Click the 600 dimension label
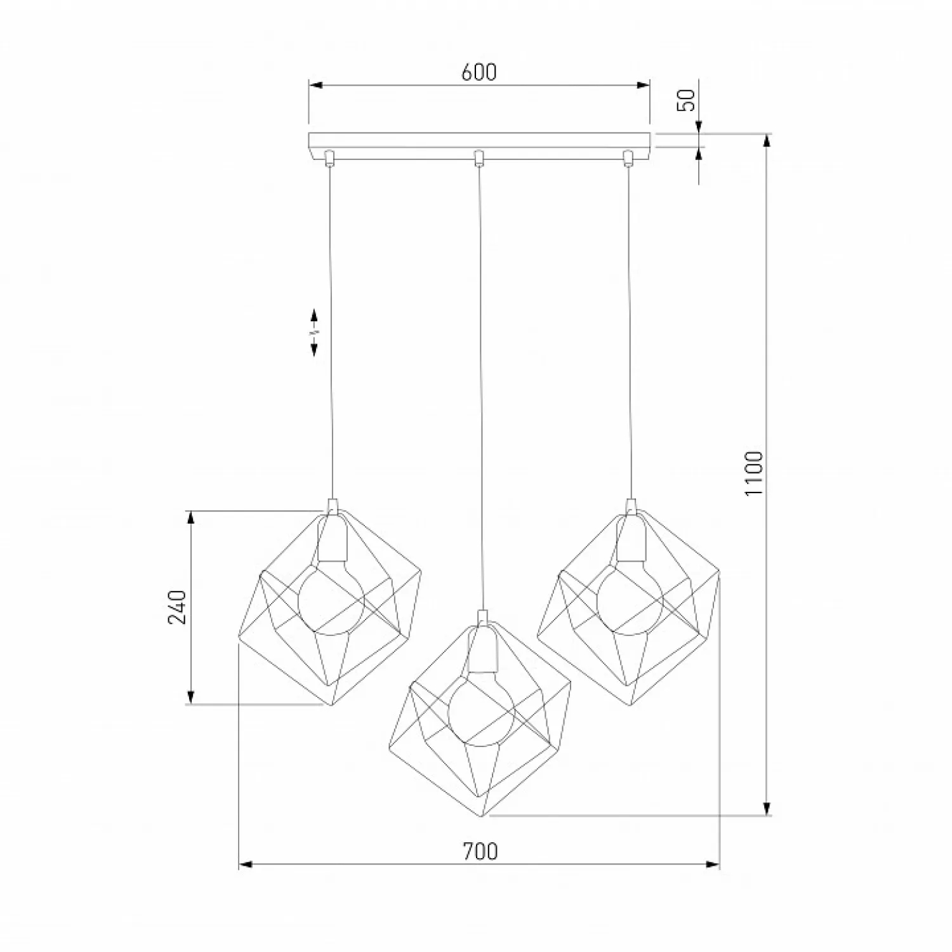(479, 72)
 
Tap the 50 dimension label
(687, 100)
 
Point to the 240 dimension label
(178, 607)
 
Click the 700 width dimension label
(480, 851)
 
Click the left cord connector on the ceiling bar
(329, 157)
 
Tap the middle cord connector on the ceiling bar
(480, 157)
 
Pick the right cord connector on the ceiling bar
(628, 157)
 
